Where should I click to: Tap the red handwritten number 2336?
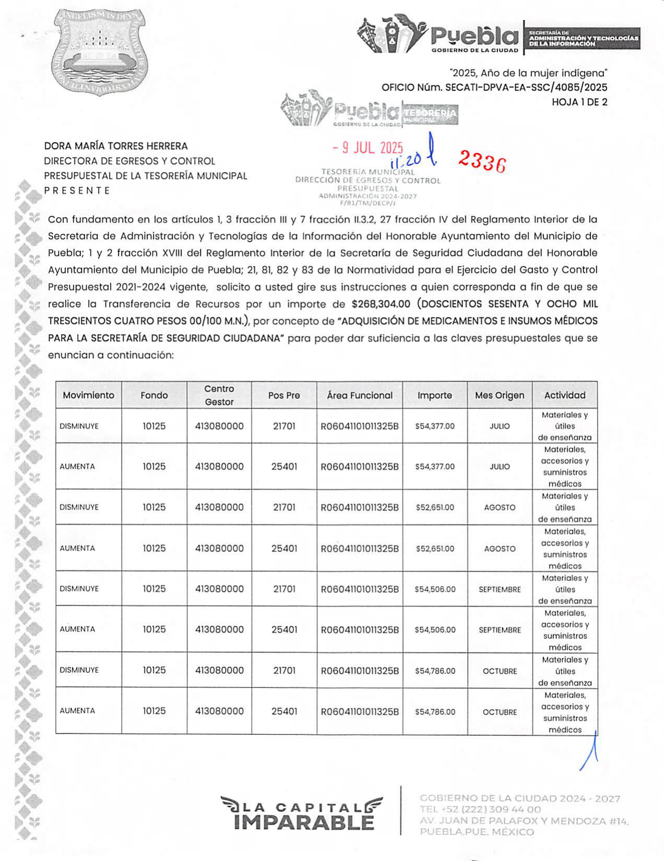tap(482, 161)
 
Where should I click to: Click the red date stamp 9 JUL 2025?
tap(368, 148)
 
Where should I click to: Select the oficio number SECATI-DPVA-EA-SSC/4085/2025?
tap(526, 88)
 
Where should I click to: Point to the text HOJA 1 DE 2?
tap(579, 102)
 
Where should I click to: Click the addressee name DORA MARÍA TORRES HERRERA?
tap(116, 146)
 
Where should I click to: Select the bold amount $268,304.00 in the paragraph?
tap(381, 304)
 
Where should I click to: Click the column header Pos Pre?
tap(284, 395)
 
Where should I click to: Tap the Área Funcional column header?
tap(360, 395)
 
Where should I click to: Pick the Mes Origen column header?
tap(500, 395)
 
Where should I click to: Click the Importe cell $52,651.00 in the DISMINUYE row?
tap(435, 507)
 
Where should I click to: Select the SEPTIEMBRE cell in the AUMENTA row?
tap(500, 630)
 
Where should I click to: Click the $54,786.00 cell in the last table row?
tap(435, 712)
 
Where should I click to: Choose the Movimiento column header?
tap(89, 395)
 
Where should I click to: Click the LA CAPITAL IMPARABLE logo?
tap(302, 814)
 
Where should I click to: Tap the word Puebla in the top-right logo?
tap(474, 36)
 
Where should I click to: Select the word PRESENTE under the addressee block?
tap(77, 190)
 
